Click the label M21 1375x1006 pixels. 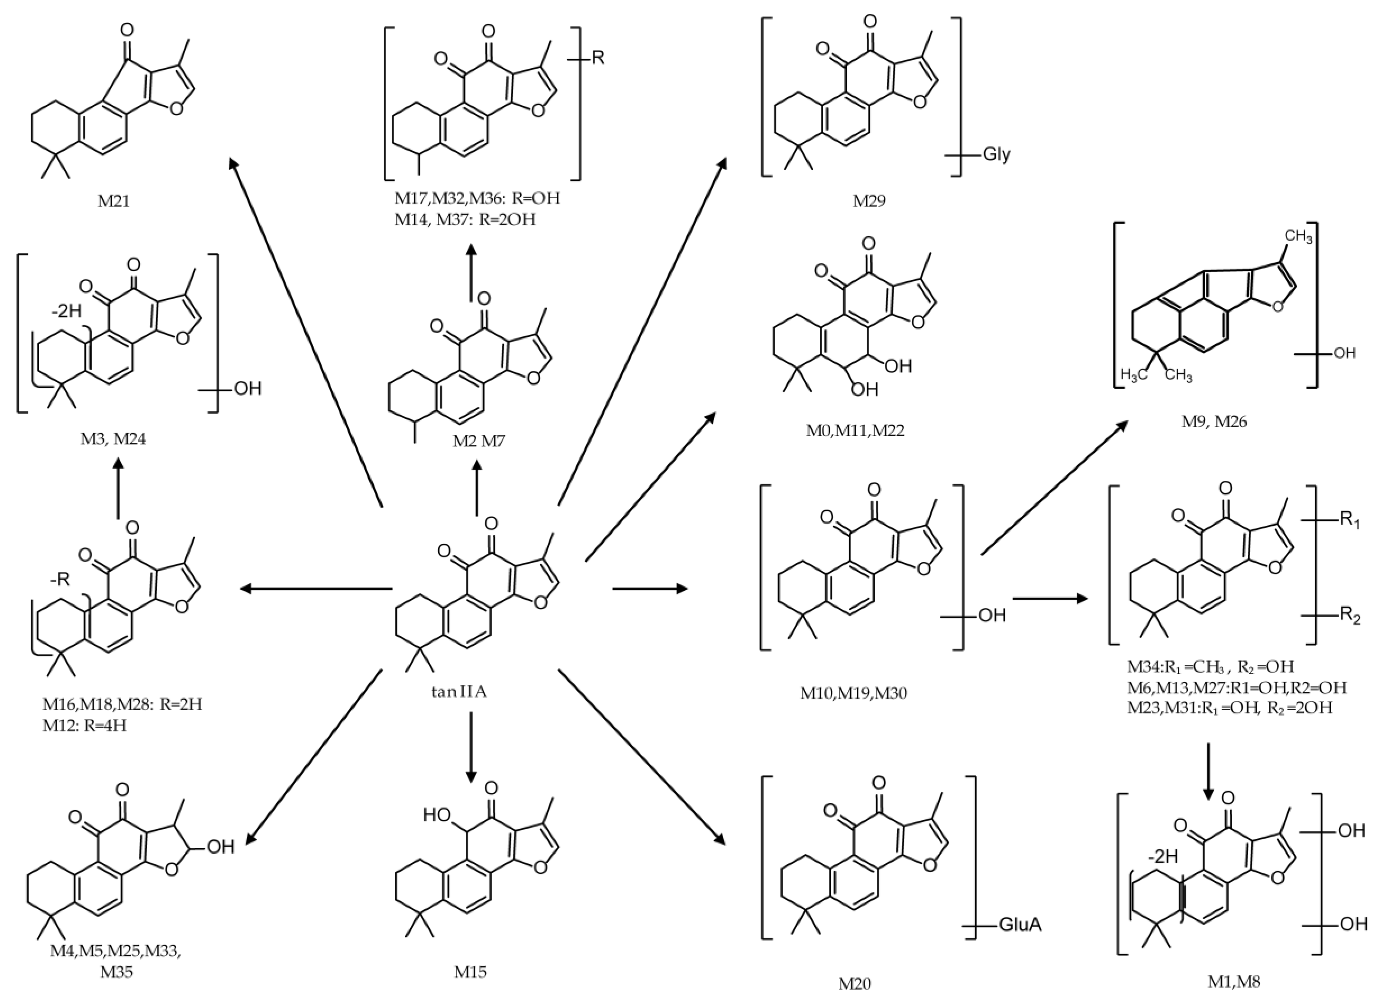114,200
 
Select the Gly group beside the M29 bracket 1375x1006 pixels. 996,155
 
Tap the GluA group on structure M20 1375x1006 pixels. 1020,925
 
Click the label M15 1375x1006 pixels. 470,971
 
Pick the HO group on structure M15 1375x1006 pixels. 437,815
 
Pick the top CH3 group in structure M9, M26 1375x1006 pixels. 1298,237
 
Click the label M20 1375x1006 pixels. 854,983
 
